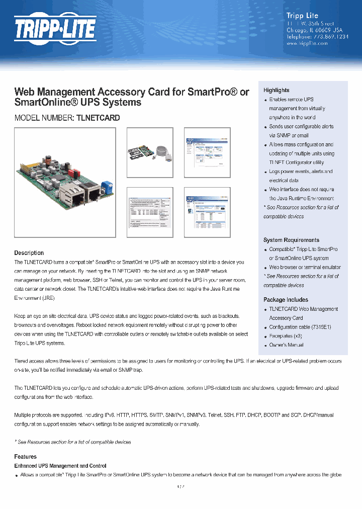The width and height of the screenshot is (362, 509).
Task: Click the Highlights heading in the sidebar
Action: [277, 90]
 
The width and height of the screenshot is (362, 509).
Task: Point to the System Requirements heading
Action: [291, 240]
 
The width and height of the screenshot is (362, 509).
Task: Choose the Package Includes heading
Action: [286, 300]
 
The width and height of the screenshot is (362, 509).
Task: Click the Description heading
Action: [29, 253]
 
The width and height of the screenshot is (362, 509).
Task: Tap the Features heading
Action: [25, 457]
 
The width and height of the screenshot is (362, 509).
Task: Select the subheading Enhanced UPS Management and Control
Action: [60, 466]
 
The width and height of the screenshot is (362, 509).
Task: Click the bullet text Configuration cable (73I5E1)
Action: [300, 327]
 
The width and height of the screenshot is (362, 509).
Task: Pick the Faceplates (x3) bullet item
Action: [286, 336]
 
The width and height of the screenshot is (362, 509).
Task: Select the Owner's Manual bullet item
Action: [286, 345]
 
